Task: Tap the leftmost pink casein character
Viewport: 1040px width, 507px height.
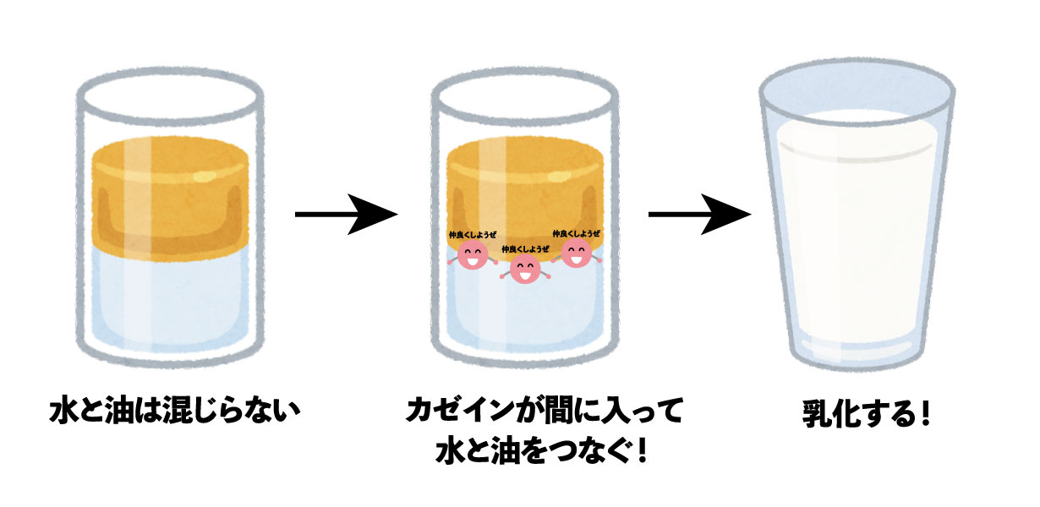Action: click(473, 254)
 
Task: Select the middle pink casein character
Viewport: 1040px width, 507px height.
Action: click(525, 270)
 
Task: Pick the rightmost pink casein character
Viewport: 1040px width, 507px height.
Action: click(577, 253)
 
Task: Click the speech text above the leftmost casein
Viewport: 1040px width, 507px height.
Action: click(473, 235)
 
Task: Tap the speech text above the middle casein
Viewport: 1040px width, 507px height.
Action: click(525, 249)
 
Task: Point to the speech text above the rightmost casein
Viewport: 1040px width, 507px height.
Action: click(577, 233)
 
